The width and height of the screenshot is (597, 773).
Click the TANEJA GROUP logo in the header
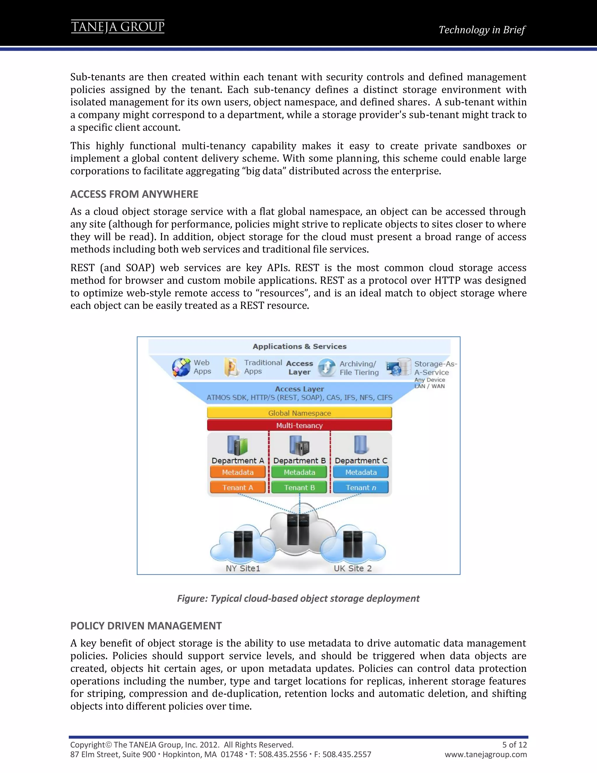[117, 27]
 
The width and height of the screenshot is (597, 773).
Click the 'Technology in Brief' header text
[482, 30]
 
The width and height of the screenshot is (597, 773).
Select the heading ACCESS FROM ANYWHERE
[134, 194]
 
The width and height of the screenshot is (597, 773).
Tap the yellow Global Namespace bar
[299, 413]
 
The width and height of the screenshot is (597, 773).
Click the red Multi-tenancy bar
[299, 425]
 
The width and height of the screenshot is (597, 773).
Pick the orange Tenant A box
[238, 487]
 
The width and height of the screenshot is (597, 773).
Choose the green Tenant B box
[299, 487]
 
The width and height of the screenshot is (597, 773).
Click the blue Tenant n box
[361, 487]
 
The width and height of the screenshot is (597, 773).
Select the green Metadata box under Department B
[299, 472]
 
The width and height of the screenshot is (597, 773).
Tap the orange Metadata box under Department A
[238, 472]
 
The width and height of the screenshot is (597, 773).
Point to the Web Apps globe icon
[181, 367]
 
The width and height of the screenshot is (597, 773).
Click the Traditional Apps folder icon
[231, 367]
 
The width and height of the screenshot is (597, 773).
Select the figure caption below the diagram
[298, 598]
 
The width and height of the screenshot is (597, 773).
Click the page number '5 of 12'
[514, 744]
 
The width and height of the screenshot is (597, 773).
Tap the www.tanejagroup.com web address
[486, 754]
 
